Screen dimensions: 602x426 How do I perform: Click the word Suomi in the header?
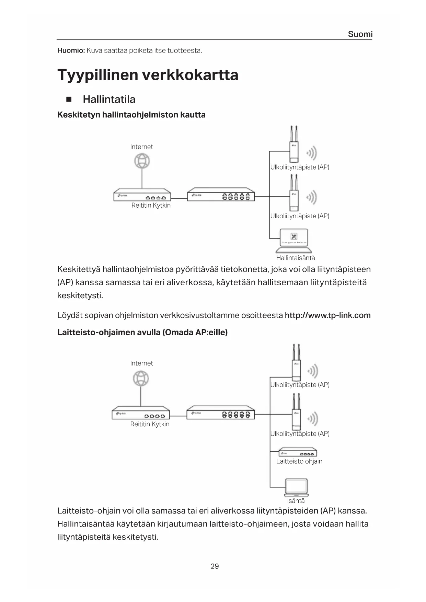(360, 34)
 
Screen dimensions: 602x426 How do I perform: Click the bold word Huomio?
(71, 51)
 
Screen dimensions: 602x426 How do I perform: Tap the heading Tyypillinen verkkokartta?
(148, 75)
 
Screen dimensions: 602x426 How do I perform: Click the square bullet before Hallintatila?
(69, 100)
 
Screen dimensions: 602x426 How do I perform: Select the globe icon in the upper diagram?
(142, 161)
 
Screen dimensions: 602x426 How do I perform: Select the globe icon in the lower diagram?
(141, 379)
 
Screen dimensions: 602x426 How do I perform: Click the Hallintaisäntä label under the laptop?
(295, 258)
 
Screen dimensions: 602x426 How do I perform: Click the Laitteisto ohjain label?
(299, 461)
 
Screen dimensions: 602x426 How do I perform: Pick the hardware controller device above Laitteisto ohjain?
(298, 452)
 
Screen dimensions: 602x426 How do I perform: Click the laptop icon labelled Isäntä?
(297, 487)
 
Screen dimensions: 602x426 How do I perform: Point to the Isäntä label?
(296, 501)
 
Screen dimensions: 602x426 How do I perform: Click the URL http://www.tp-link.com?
(327, 315)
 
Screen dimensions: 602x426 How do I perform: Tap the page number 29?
(215, 566)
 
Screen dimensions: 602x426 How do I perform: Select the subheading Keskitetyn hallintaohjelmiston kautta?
(131, 115)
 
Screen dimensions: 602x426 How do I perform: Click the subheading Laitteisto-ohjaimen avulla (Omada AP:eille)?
(142, 332)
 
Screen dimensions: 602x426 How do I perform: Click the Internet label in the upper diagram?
(141, 147)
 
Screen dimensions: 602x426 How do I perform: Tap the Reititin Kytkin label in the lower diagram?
(150, 424)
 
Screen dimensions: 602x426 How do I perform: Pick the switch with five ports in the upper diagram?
(221, 195)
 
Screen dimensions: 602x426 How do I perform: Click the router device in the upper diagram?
(142, 195)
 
